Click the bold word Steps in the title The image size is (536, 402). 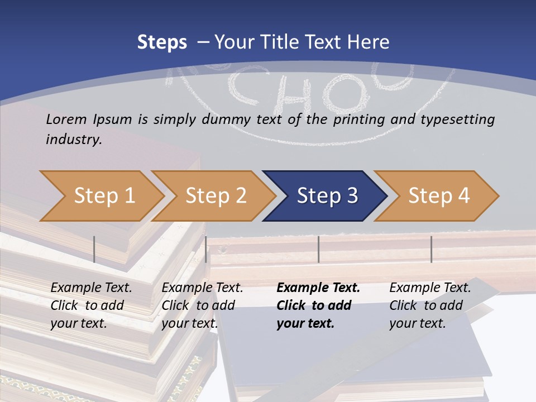coord(162,42)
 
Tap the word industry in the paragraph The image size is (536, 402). coord(73,139)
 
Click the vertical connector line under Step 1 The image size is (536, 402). coord(94,249)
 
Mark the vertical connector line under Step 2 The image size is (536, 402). coord(206,249)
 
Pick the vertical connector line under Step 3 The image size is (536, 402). coord(318,249)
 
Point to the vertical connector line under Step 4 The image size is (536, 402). coord(431,249)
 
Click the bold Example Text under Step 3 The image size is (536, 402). coord(318,288)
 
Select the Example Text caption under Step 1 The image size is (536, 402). coord(91,288)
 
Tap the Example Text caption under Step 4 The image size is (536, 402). coord(430,288)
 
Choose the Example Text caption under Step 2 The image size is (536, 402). coord(202,288)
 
